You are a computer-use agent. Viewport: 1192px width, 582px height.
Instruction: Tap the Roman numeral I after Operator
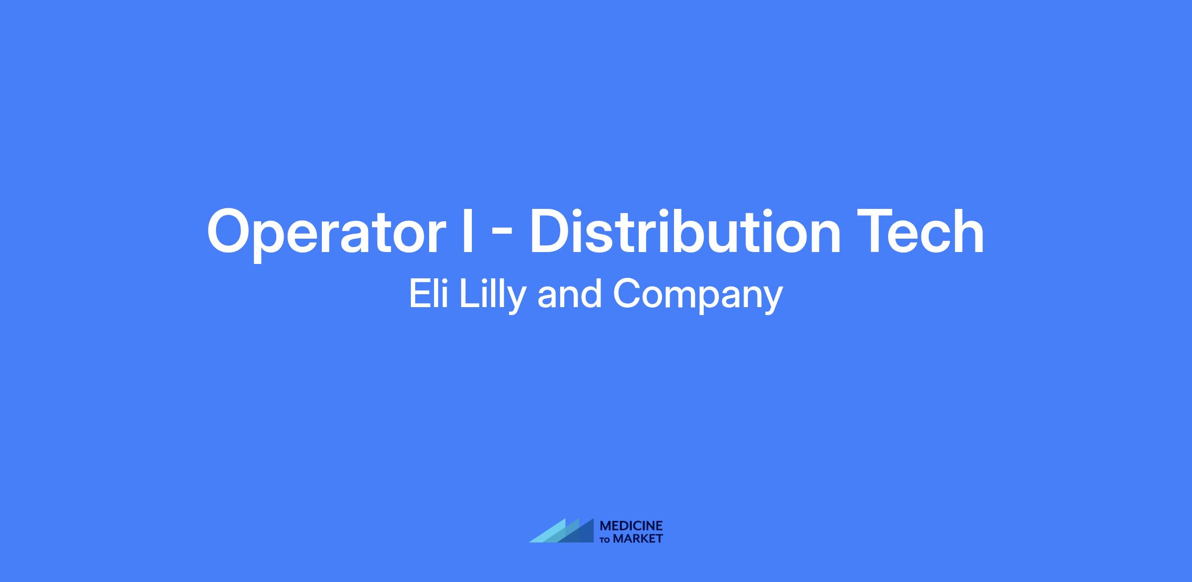tap(467, 232)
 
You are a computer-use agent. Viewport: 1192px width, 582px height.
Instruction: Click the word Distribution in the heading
tap(685, 232)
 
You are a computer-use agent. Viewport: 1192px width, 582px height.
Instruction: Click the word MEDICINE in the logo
tap(631, 526)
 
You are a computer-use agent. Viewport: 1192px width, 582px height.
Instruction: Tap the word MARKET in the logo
tap(638, 539)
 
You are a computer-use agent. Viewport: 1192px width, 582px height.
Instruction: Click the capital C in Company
tap(627, 293)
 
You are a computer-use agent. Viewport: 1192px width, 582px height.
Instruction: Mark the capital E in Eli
tap(420, 293)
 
